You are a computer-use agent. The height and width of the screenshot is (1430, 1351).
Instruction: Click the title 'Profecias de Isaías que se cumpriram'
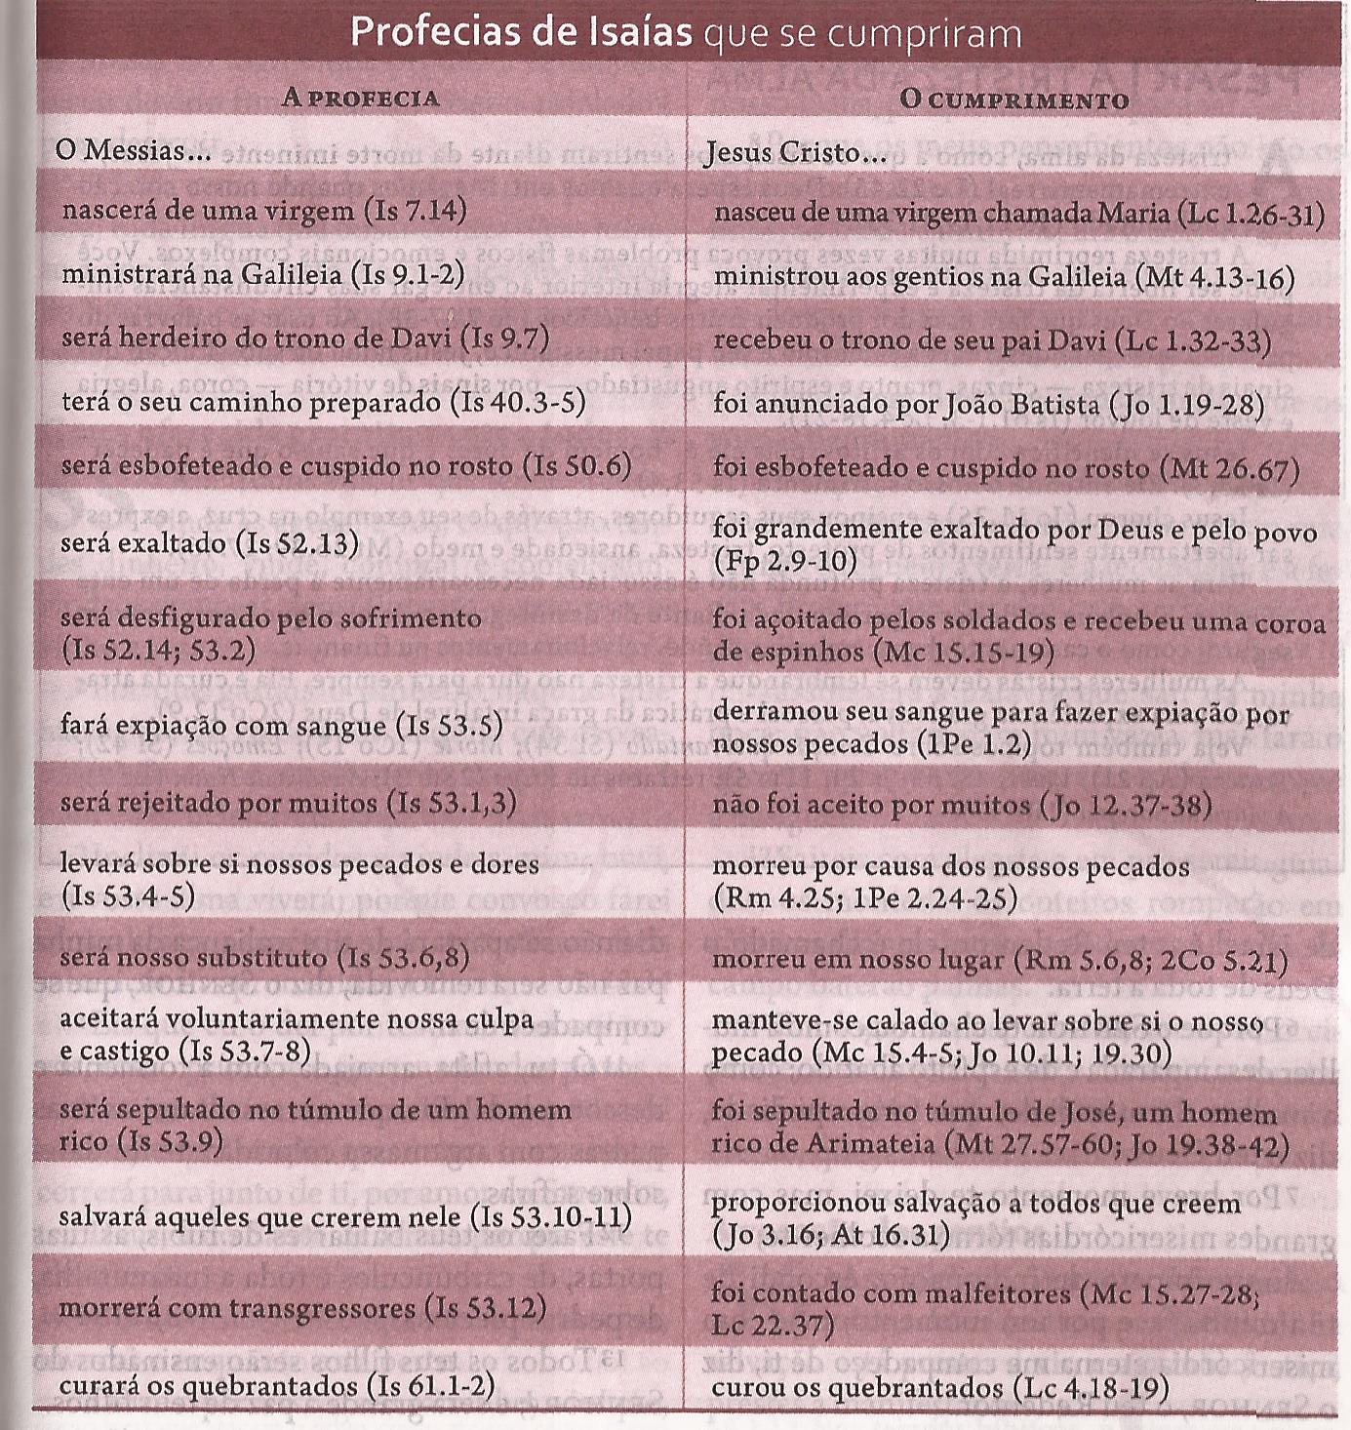tap(685, 33)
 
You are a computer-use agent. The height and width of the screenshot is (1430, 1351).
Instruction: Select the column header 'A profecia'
tap(360, 98)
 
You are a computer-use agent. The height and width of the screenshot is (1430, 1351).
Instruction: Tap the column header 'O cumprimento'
tap(1013, 99)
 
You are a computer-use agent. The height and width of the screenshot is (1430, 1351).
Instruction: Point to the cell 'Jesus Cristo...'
tap(795, 152)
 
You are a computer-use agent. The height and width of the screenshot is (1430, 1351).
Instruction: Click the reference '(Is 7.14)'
tap(415, 211)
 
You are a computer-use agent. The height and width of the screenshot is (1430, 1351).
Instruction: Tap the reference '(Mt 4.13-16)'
tap(1215, 277)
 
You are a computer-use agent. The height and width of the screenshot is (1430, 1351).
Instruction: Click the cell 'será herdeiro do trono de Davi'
tap(304, 338)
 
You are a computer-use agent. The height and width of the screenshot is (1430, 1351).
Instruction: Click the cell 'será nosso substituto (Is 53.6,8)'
tap(264, 957)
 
